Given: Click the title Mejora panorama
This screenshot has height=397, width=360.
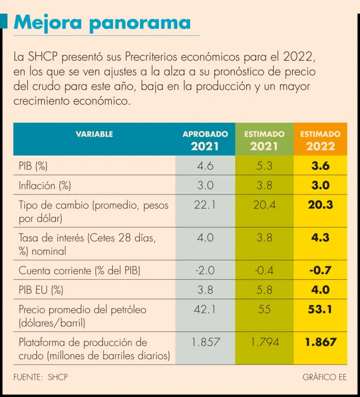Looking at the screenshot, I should (102, 22).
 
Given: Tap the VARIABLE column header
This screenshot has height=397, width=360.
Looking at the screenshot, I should (94, 134).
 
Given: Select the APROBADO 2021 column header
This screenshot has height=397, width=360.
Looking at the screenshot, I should (205, 140).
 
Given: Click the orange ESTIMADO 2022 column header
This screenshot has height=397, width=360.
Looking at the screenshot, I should (320, 140).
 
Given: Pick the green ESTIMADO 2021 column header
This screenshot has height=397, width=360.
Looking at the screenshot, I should (264, 140).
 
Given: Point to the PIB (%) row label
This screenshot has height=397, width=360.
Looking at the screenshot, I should (33, 166).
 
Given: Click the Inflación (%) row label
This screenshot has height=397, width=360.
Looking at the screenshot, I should (45, 185).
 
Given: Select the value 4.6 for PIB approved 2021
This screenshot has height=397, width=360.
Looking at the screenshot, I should (205, 166).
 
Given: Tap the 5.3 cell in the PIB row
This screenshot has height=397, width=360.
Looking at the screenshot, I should (264, 166).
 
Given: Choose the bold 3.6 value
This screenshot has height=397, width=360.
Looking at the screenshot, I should (320, 166).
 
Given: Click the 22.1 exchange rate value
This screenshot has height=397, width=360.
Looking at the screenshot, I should (205, 205).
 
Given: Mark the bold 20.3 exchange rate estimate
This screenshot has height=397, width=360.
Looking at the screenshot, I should (320, 205).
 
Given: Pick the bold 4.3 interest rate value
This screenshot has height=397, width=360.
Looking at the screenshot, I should (320, 238).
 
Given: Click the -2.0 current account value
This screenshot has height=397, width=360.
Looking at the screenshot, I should (205, 270).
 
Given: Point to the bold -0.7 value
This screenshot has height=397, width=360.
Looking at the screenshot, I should (320, 270).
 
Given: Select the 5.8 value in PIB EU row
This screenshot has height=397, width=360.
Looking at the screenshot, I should (264, 289).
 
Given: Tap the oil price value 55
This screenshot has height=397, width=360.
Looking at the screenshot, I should (264, 310).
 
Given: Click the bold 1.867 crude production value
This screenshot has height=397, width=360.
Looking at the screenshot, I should (320, 342).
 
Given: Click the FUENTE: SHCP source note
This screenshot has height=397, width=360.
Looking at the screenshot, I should (41, 377).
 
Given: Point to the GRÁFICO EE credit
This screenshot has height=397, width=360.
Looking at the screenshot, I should (324, 377).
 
